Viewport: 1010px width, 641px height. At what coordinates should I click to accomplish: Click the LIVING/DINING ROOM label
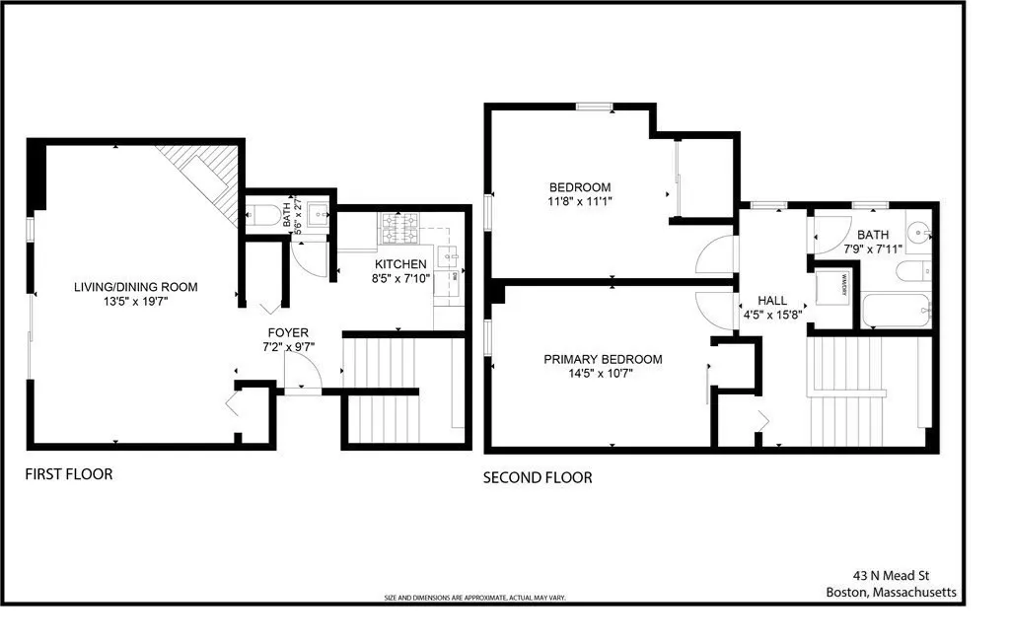[x=135, y=287]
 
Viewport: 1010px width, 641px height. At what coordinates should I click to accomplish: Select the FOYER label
[x=289, y=332]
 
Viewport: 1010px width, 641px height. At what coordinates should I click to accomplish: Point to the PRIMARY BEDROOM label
[x=603, y=359]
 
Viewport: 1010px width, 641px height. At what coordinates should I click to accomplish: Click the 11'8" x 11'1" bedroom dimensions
[x=580, y=202]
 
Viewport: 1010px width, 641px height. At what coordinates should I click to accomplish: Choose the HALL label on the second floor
[x=771, y=300]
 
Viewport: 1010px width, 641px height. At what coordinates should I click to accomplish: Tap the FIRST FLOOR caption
[x=69, y=474]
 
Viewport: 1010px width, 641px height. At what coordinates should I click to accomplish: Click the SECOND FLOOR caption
[x=538, y=477]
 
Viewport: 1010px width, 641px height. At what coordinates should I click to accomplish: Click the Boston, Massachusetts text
[x=891, y=593]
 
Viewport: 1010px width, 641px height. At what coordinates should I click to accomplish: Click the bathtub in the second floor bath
[x=897, y=311]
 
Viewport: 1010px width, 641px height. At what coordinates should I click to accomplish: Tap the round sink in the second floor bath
[x=918, y=235]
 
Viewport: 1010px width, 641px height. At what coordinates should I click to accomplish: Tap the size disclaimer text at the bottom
[x=474, y=598]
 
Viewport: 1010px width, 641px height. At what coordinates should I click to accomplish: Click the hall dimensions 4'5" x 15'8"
[x=771, y=316]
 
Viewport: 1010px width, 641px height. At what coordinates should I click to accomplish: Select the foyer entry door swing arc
[x=303, y=372]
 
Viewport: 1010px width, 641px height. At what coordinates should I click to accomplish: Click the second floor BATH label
[x=872, y=235]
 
